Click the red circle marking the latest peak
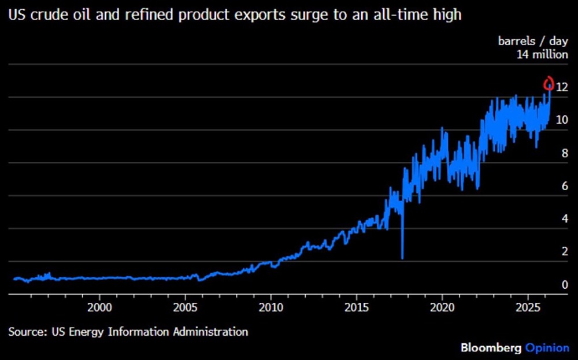click(549, 84)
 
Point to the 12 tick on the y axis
click(561, 87)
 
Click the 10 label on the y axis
click(561, 120)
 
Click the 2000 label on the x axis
click(100, 305)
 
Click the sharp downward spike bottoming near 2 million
click(402, 255)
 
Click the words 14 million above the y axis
click(543, 55)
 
